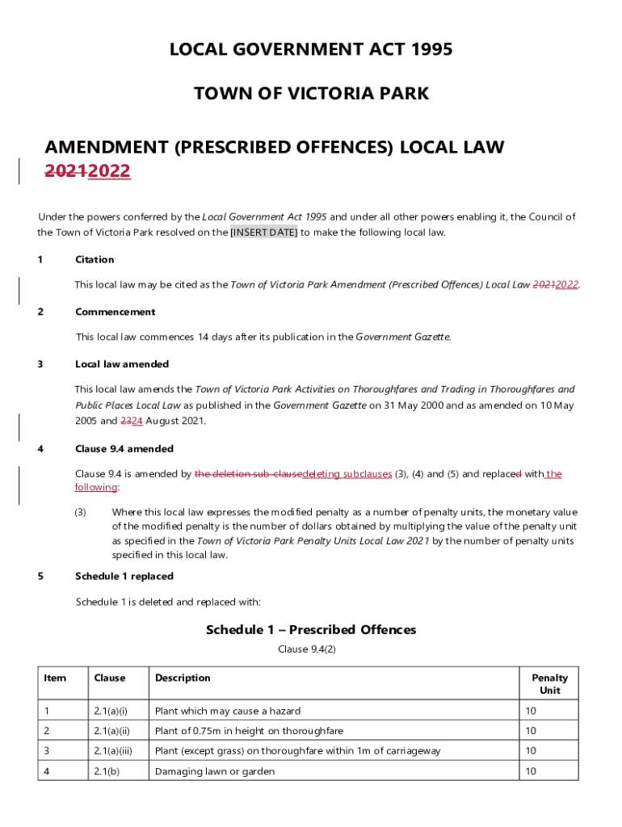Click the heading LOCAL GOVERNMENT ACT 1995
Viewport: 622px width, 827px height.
[x=311, y=50]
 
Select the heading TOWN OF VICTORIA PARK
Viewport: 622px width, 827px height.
[x=311, y=94]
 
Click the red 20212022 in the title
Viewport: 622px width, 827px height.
[x=87, y=171]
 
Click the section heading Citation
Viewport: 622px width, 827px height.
[x=95, y=259]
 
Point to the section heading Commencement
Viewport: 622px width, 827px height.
[x=115, y=312]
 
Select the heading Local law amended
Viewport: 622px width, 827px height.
[x=121, y=364]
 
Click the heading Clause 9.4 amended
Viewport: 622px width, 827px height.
[x=124, y=448]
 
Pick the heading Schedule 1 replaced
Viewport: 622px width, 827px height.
[x=124, y=576]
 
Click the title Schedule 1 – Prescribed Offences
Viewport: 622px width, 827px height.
[x=311, y=629]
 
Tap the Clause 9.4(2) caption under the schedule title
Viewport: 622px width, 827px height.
[x=311, y=649]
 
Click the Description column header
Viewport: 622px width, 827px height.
[x=183, y=678]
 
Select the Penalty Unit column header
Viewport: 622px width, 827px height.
[x=549, y=684]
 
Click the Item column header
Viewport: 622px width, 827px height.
[x=55, y=678]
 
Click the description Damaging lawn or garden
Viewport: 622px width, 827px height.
[x=215, y=771]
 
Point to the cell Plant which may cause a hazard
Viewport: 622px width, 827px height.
[x=228, y=711]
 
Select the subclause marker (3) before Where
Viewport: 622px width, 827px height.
[x=81, y=513]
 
